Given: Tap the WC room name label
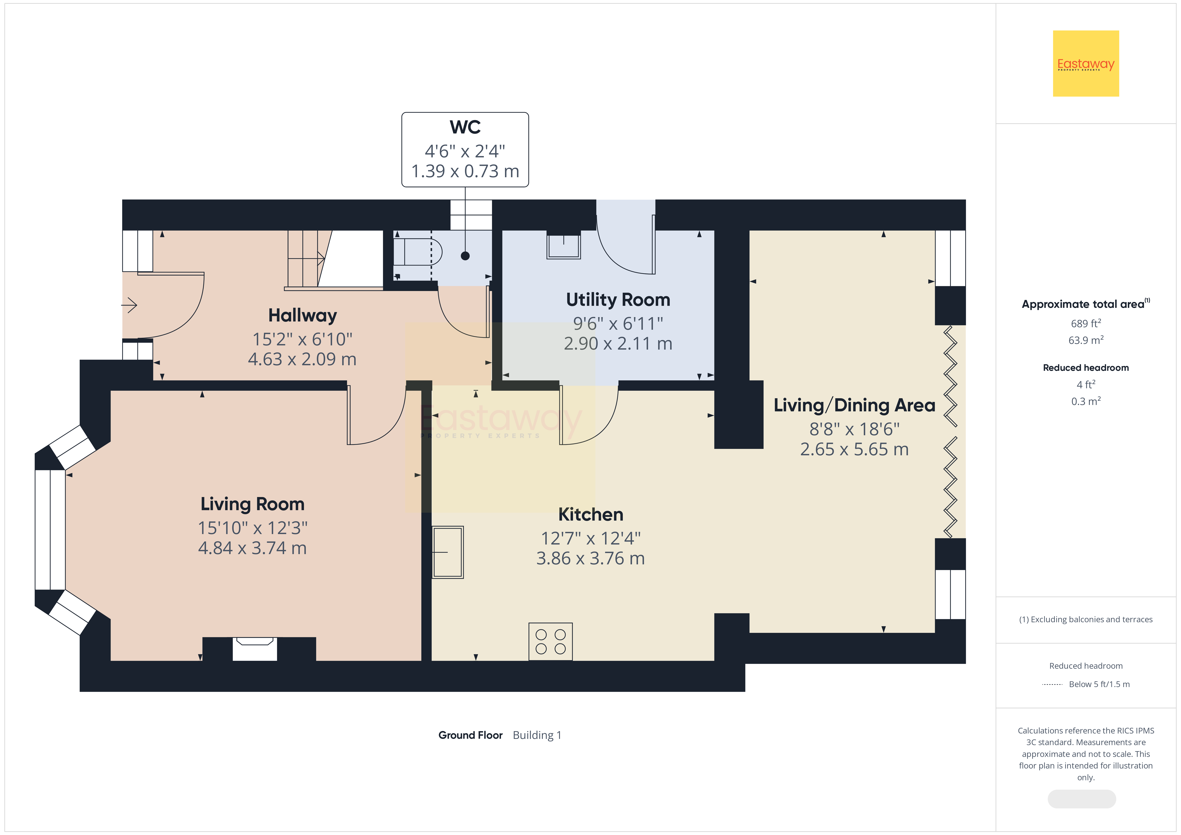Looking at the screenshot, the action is (x=465, y=127).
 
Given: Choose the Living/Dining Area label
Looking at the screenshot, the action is (x=854, y=405).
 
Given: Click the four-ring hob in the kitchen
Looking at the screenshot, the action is (x=550, y=642).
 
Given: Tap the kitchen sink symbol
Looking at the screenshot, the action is (x=448, y=552).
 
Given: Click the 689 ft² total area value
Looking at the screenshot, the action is (x=1086, y=323).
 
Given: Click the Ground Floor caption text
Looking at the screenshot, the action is (x=470, y=735).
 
